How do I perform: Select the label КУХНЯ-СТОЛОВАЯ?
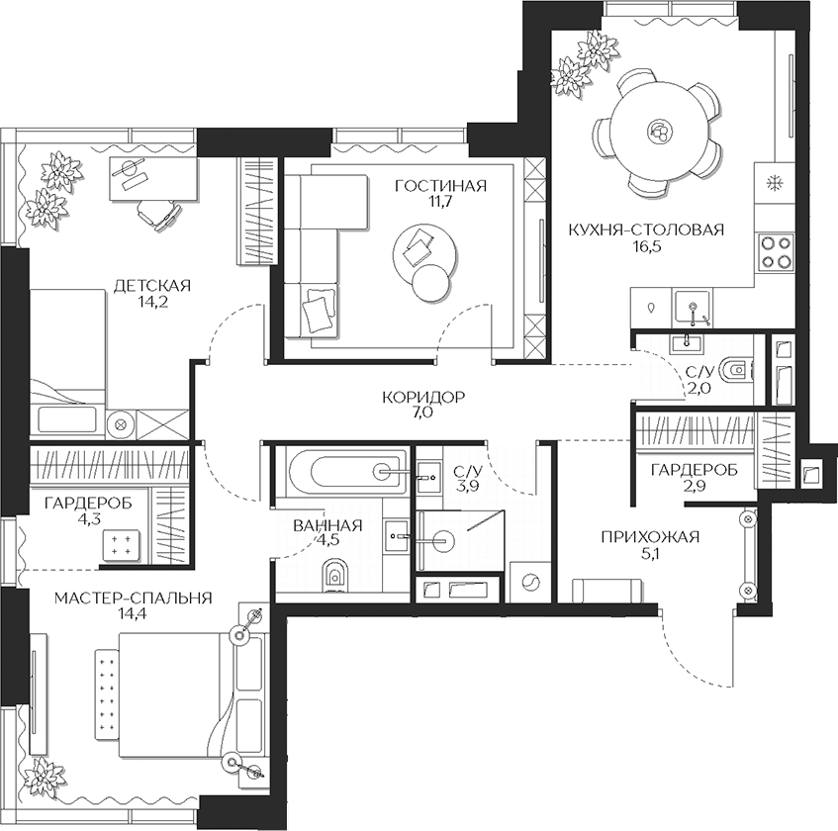tap(646, 230)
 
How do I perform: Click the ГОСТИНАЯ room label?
tap(440, 186)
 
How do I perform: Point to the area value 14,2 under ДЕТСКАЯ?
tap(150, 303)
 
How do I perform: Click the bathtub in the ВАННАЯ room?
tap(341, 471)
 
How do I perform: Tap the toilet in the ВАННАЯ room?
tap(334, 574)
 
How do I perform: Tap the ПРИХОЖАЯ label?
tap(650, 537)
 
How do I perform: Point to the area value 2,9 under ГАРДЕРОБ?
tap(694, 487)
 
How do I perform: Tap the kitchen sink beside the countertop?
tap(693, 310)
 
